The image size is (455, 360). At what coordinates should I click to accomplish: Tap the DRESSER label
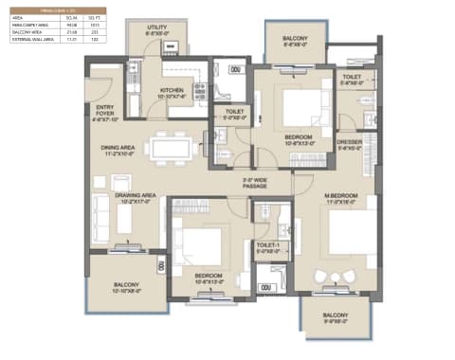(x=350, y=143)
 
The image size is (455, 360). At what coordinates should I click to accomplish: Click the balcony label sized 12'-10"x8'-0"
(x=127, y=288)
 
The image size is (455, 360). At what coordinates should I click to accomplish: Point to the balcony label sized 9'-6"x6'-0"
(x=335, y=317)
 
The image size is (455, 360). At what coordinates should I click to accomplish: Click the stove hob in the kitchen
(x=200, y=90)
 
